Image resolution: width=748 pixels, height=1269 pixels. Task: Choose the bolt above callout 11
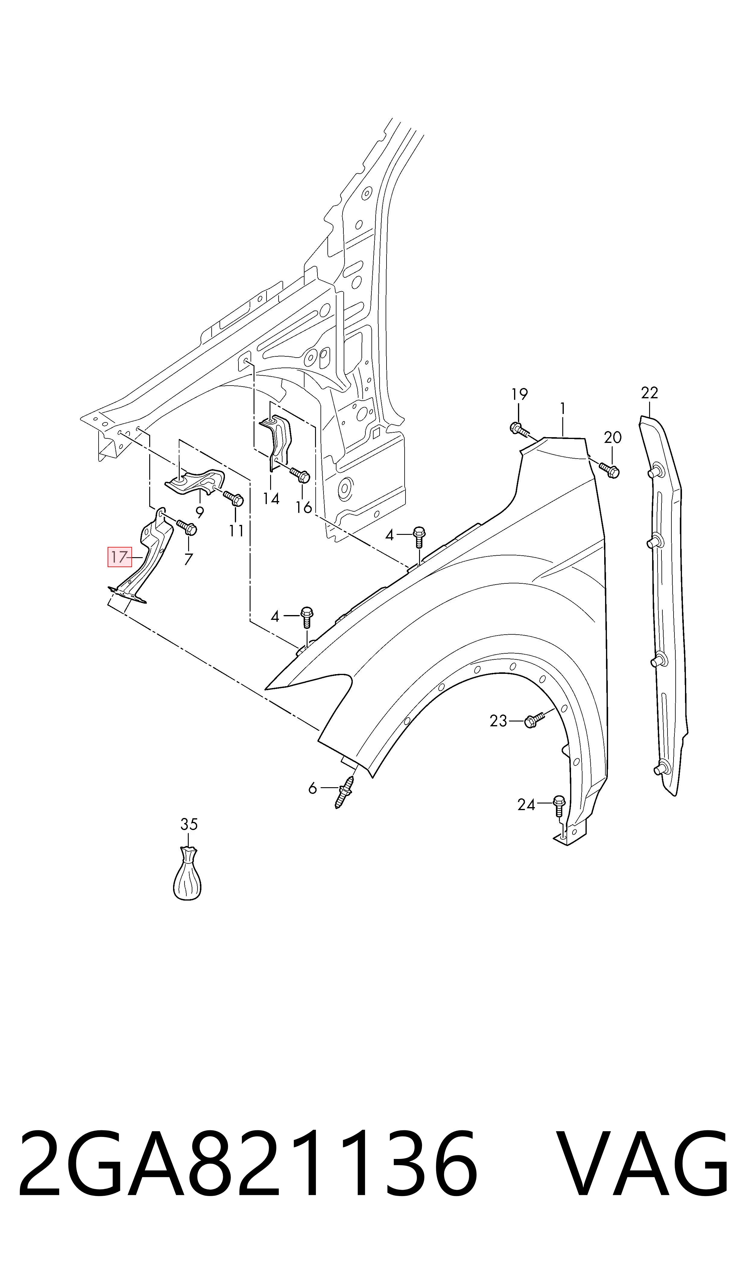[x=233, y=498]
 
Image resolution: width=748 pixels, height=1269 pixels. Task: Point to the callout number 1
[x=563, y=408]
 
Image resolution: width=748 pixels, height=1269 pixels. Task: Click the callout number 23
[x=498, y=721]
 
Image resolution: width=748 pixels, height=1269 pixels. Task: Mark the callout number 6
[x=313, y=788]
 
